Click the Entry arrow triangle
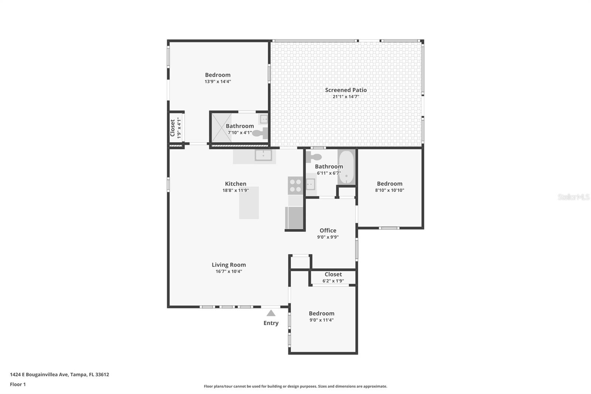coord(271,313)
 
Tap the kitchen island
coord(249,203)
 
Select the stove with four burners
coord(295,186)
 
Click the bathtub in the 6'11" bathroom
coord(346,166)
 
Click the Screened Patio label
coord(346,90)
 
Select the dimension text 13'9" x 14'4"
coord(218,82)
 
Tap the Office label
coord(328,230)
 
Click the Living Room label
coord(229,265)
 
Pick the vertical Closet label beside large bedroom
coord(172,128)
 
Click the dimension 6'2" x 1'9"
coord(333,281)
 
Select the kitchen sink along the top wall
coord(263,155)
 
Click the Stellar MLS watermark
coord(573,197)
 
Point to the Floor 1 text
coord(18,384)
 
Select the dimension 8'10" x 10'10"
coord(389,190)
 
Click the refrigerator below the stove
coord(294,218)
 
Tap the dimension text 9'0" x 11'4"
coord(321,320)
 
